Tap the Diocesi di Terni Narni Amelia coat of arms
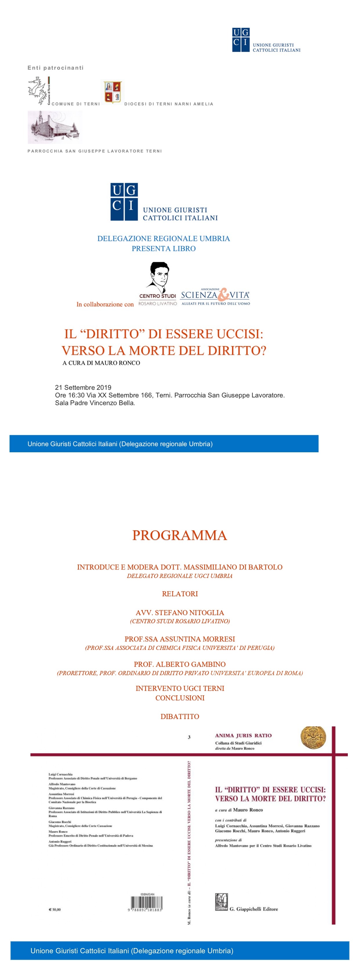113,92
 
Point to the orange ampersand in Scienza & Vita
224,294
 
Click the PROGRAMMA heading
180,535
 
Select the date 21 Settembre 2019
83,387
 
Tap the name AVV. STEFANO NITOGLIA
180,612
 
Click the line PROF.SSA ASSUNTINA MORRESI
180,639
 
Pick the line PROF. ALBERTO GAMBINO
180,664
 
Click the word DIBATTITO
180,716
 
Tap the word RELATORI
180,593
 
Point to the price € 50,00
55,909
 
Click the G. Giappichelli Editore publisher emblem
221,902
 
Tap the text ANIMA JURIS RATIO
243,735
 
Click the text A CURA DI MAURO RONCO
101,363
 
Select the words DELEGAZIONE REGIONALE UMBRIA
164,238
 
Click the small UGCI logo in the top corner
241,40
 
